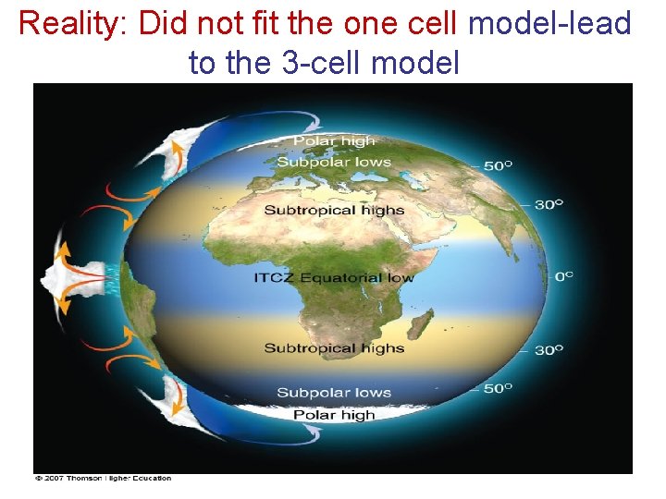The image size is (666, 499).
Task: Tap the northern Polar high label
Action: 334,141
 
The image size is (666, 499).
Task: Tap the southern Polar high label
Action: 334,415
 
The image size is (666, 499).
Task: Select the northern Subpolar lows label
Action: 334,162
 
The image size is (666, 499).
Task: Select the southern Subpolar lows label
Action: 334,393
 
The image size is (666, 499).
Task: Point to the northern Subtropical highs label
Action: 334,210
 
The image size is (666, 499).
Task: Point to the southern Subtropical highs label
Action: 334,348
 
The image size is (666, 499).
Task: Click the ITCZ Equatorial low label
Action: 334,277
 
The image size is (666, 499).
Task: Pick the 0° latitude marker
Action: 562,276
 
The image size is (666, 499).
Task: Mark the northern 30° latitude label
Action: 549,204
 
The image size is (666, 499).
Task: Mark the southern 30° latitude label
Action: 549,350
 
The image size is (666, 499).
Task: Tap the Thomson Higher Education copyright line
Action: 103,478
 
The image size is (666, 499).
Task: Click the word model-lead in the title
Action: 549,23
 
